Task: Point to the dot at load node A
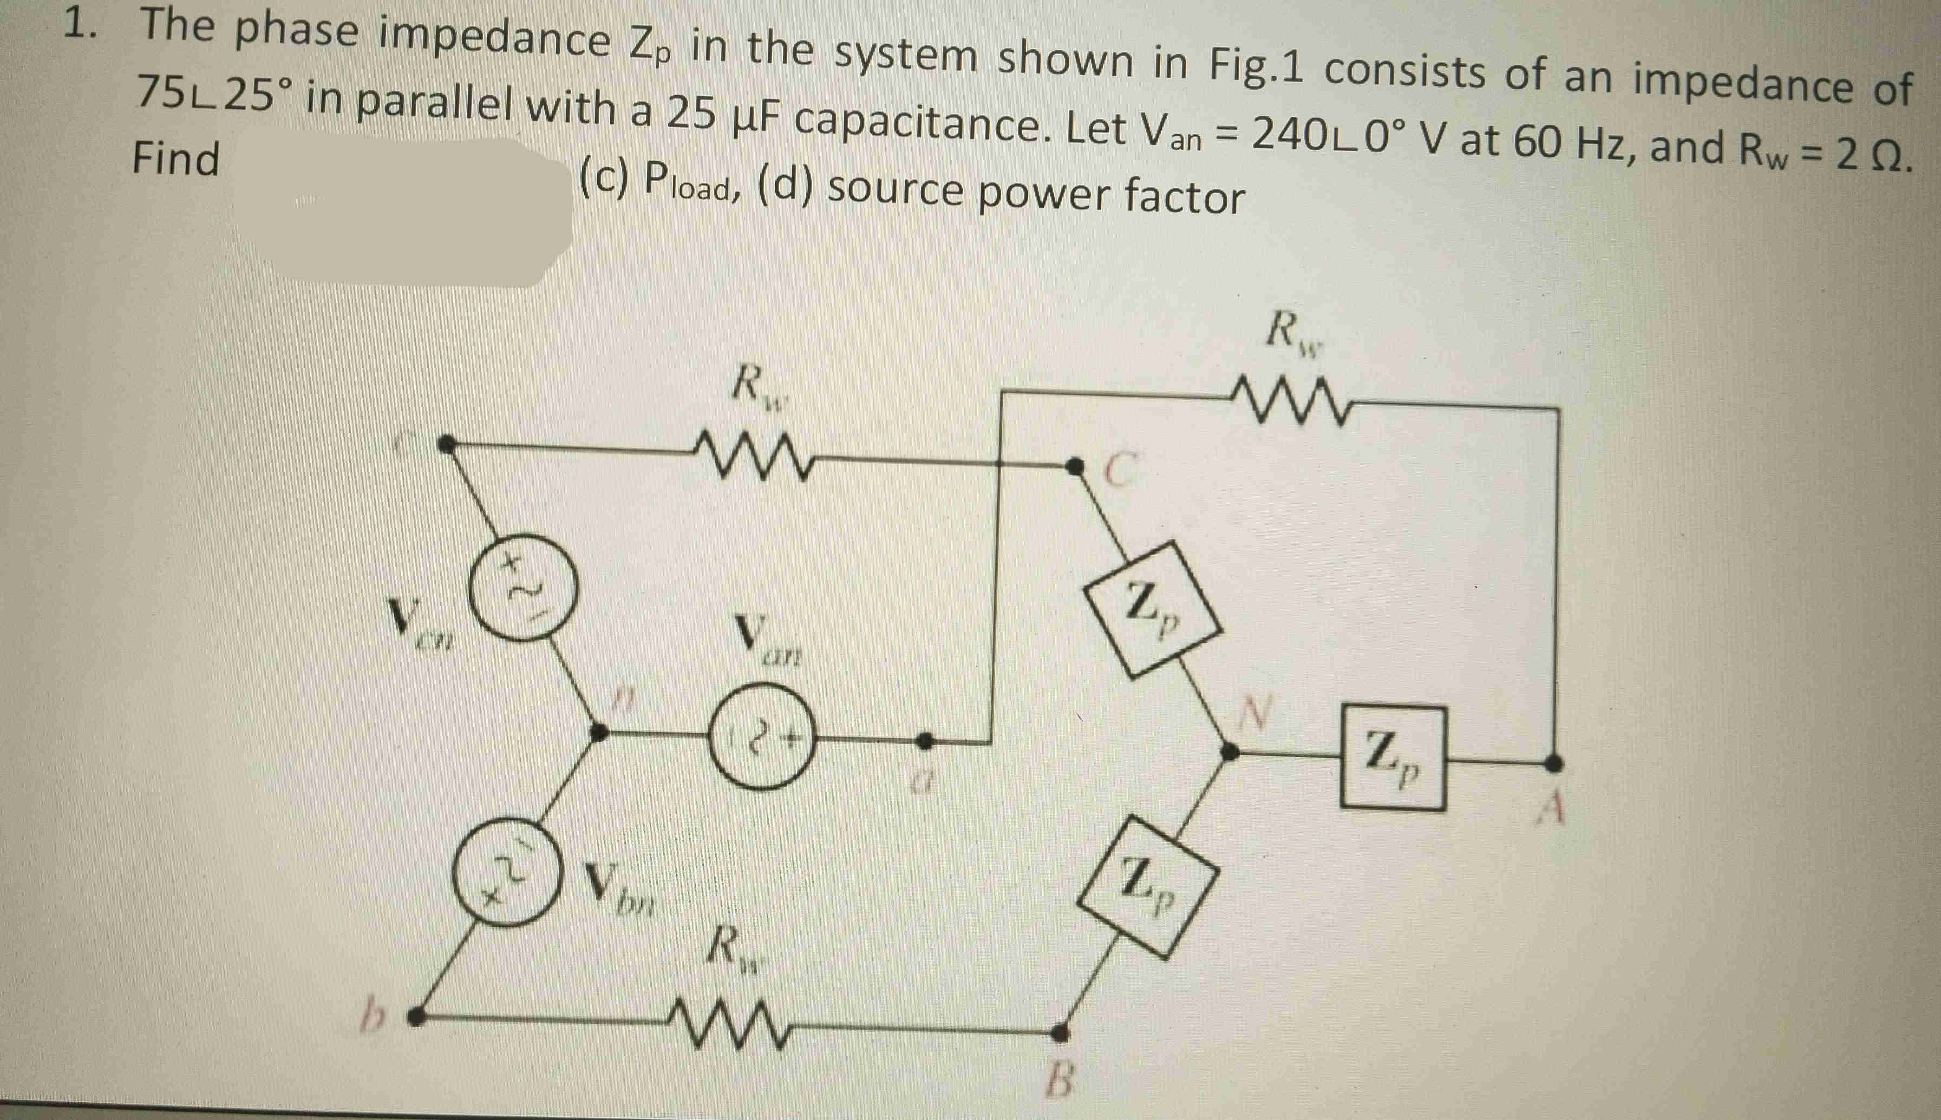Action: (x=1554, y=763)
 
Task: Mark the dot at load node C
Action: (x=1072, y=465)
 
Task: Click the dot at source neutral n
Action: (x=597, y=732)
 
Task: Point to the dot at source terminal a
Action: (x=926, y=741)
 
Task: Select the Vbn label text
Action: (x=619, y=885)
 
